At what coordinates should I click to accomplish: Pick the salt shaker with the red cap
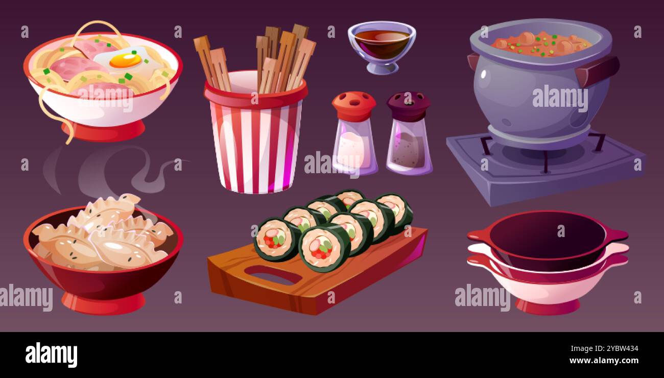click(354, 135)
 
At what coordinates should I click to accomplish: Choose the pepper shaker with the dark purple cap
click(409, 135)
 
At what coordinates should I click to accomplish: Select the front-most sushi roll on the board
click(324, 248)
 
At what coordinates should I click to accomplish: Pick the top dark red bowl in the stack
click(547, 235)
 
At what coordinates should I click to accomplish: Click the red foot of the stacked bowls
click(547, 306)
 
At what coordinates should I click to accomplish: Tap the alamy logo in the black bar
click(51, 355)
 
